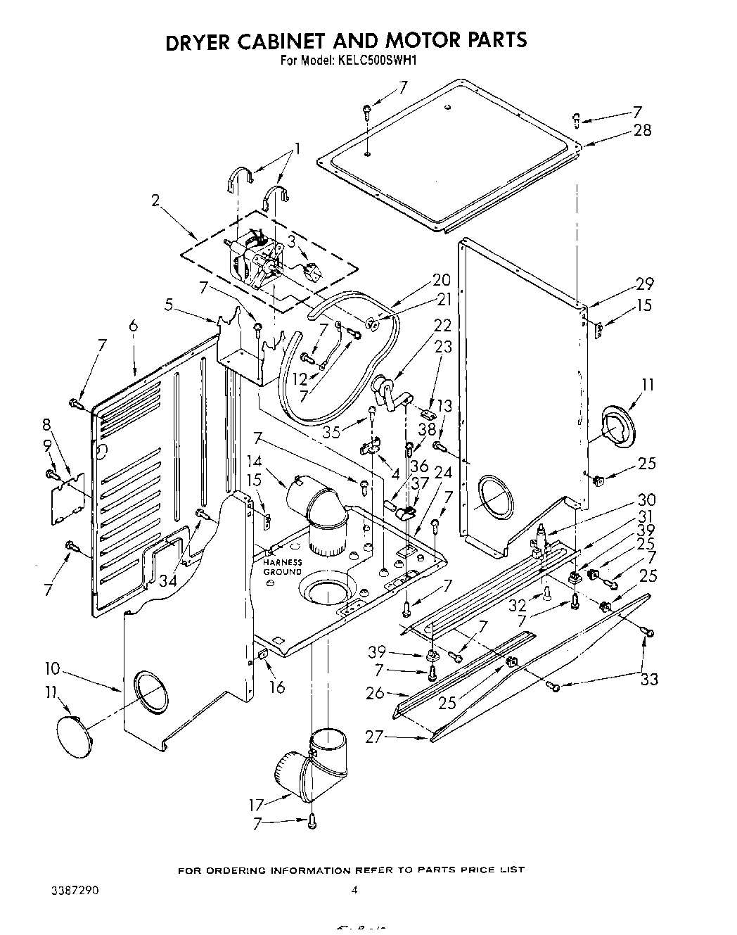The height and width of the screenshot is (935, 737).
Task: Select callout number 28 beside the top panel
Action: coord(642,130)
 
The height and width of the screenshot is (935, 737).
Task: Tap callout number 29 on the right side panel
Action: coord(644,284)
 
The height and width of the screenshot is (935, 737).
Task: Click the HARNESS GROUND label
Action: coord(283,567)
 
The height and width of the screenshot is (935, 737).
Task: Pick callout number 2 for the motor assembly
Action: coord(156,201)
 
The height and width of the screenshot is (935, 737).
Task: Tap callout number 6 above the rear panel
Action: coord(134,326)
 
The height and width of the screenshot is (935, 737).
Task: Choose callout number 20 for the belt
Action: coord(441,279)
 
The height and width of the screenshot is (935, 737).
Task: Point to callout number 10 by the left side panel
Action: coord(53,668)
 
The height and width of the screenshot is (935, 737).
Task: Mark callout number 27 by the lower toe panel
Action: coord(376,737)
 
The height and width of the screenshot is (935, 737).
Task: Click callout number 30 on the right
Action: coord(646,500)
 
